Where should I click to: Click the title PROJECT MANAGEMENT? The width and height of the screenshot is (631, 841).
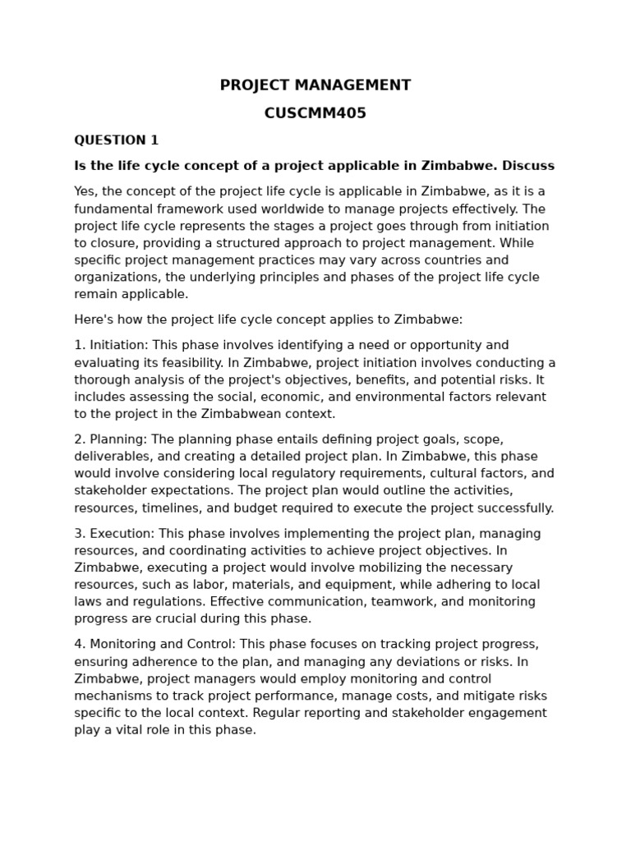tap(315, 85)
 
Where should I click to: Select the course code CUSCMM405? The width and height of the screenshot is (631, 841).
tap(315, 113)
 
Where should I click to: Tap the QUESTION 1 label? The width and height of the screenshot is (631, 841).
tap(116, 140)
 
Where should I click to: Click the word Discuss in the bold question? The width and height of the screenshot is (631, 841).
tap(528, 166)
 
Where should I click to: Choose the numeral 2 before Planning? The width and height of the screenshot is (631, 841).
tap(78, 439)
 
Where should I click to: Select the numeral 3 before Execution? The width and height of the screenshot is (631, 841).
tap(78, 534)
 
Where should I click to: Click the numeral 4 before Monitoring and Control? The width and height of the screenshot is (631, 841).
tap(78, 644)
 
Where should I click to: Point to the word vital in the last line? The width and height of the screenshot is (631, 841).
tap(121, 729)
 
